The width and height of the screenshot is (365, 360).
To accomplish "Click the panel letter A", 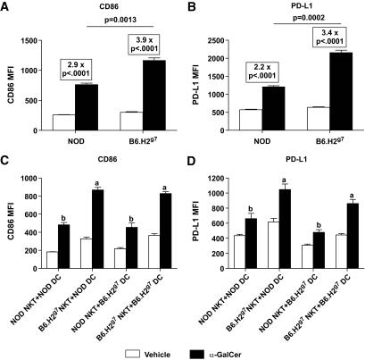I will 6,7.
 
